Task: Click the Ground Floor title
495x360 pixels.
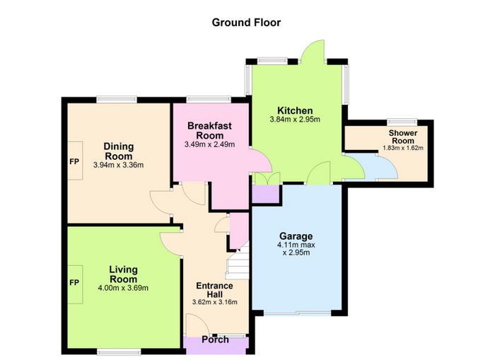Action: (246, 23)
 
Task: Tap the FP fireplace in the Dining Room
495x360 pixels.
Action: (74, 161)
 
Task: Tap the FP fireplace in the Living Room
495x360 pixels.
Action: (74, 283)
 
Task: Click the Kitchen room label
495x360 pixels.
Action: (295, 110)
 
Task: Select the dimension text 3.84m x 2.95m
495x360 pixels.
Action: (295, 120)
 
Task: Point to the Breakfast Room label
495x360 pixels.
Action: (209, 131)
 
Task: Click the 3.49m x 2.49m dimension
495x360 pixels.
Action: (209, 145)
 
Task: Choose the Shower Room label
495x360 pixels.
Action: (403, 137)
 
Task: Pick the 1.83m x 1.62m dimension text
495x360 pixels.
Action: (403, 148)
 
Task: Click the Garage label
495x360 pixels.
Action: (296, 236)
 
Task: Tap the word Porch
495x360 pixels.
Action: (215, 339)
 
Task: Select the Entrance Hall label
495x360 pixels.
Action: (215, 290)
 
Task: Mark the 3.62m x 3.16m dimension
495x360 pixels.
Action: (215, 302)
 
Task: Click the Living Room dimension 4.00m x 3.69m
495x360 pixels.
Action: (123, 288)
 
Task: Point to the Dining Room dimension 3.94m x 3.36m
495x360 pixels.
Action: (118, 165)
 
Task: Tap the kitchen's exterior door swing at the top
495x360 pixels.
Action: (313, 50)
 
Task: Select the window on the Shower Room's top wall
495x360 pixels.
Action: (402, 122)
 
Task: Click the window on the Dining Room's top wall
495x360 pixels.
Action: (117, 99)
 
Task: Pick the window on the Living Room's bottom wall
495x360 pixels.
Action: (119, 351)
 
